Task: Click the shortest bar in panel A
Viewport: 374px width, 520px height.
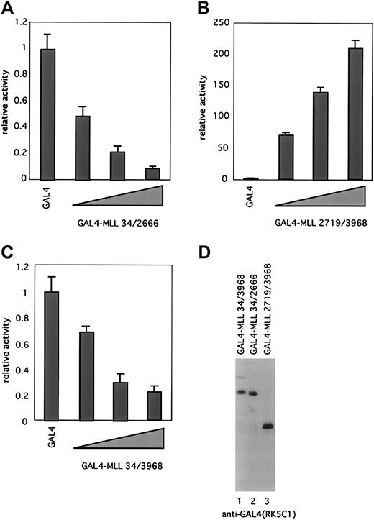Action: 152,173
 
